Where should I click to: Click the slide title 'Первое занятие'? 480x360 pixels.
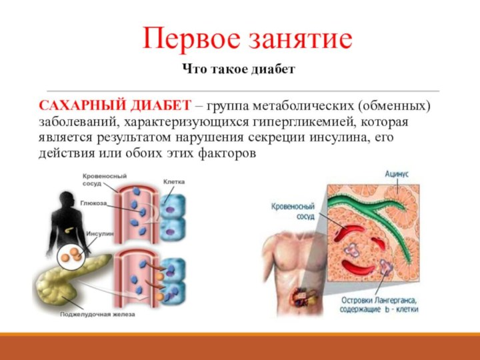click(x=247, y=39)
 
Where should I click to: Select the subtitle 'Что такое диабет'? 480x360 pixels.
click(x=239, y=69)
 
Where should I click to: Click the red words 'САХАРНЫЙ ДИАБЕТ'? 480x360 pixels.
click(x=115, y=106)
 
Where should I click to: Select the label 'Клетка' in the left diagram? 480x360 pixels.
click(x=173, y=182)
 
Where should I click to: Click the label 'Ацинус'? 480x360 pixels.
click(x=397, y=174)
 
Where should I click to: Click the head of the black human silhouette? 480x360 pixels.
click(x=65, y=201)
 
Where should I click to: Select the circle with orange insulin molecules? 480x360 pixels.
click(x=70, y=257)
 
